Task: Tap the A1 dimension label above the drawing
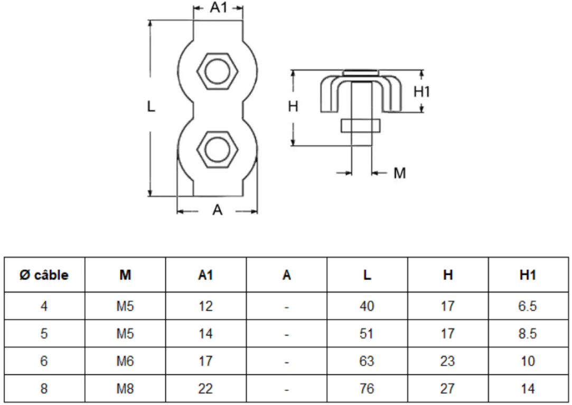(x=218, y=8)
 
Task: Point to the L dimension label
(x=151, y=107)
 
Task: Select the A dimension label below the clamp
(x=217, y=210)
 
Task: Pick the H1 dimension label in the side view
(x=422, y=91)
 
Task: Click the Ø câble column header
(x=45, y=275)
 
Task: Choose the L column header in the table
(x=367, y=275)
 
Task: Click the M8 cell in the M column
(x=126, y=389)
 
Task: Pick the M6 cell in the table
(x=126, y=361)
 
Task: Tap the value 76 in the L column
(x=367, y=389)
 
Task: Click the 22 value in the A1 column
(x=205, y=389)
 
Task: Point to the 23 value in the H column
(x=447, y=361)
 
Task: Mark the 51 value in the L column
(x=367, y=334)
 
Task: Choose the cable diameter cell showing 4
(x=45, y=306)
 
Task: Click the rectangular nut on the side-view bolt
(x=361, y=126)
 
